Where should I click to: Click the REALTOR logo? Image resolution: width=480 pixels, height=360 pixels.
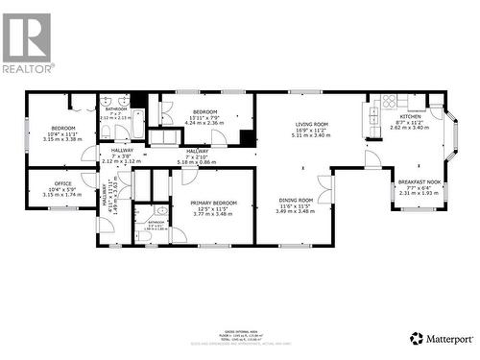tap(28, 42)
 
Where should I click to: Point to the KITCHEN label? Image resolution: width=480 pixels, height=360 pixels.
tap(410, 115)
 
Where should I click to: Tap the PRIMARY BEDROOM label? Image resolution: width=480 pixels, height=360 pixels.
tap(214, 203)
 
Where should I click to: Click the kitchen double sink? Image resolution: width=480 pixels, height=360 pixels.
tap(372, 117)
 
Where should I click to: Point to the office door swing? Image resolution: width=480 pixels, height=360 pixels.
tap(89, 179)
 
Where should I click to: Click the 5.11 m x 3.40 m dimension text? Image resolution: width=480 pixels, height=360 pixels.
tap(311, 135)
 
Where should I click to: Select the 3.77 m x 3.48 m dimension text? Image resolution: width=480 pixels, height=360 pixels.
tap(214, 214)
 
